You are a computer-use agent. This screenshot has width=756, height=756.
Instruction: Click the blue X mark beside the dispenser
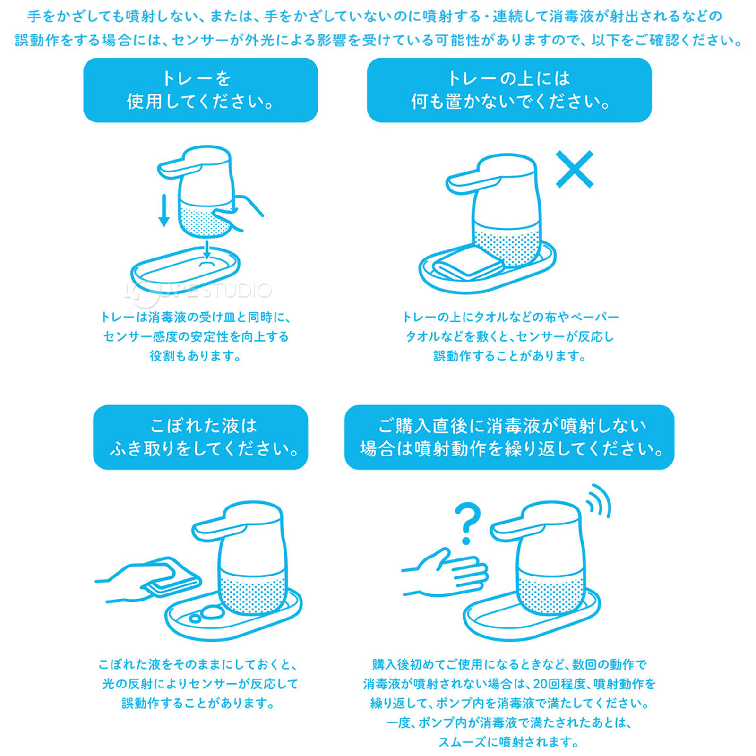574,169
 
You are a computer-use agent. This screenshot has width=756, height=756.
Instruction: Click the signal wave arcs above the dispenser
599,502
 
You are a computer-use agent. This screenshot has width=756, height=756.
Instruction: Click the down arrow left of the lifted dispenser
164,210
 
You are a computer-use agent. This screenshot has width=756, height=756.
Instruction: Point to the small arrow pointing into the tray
206,249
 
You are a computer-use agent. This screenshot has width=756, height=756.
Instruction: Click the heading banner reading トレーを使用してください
200,90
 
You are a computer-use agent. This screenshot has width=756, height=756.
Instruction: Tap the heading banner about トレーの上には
509,90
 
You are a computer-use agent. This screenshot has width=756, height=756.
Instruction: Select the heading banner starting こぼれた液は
200,437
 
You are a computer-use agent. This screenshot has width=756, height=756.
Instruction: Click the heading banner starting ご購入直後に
509,437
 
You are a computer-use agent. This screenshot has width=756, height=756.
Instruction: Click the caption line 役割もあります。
195,356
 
